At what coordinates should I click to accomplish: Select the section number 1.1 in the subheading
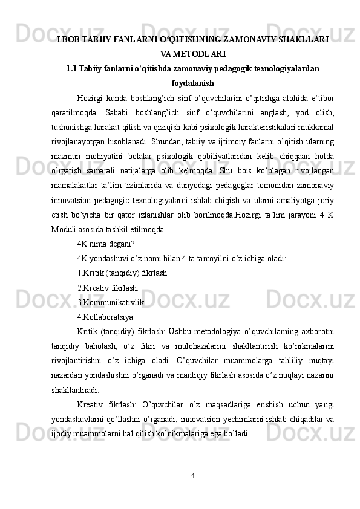point(71,68)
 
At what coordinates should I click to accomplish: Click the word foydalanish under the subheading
point(193,82)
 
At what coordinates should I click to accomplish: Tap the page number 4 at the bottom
point(192,475)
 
